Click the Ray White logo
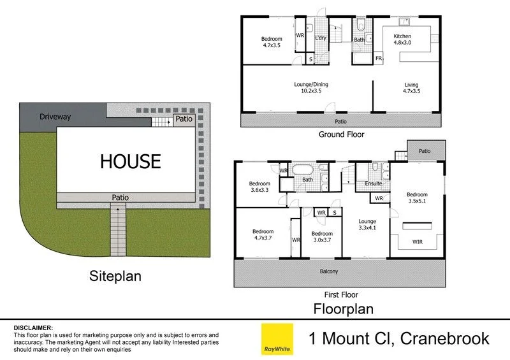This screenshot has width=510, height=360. pyautogui.click(x=277, y=339)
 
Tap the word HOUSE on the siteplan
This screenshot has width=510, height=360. pyautogui.click(x=130, y=161)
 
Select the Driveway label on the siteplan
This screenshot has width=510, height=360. pyautogui.click(x=55, y=117)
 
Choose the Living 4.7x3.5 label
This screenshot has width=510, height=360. pyautogui.click(x=412, y=88)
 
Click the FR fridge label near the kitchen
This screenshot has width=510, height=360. pyautogui.click(x=379, y=59)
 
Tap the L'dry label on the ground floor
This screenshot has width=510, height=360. pyautogui.click(x=321, y=38)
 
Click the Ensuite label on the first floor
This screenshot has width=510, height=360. pyautogui.click(x=374, y=184)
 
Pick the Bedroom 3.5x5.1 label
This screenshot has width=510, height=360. pyautogui.click(x=418, y=198)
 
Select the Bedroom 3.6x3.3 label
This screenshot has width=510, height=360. pyautogui.click(x=259, y=188)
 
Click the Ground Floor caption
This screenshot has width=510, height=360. pyautogui.click(x=341, y=134)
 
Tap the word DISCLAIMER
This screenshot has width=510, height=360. pyautogui.click(x=33, y=326)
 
